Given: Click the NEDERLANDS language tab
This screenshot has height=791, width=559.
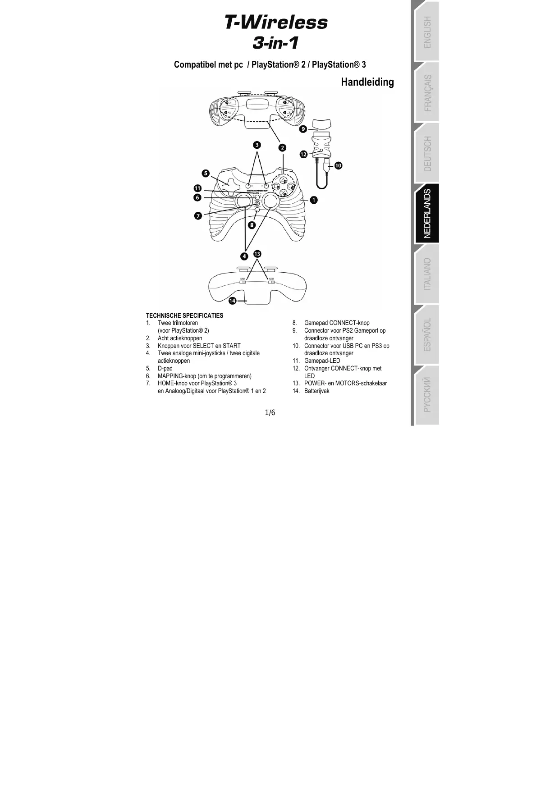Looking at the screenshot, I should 427,214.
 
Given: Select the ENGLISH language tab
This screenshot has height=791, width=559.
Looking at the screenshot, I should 427,32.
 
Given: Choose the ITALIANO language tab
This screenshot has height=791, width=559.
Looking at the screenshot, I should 427,274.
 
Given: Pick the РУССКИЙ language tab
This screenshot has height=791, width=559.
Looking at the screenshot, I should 427,395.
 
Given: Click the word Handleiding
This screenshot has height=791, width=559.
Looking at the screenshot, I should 367,82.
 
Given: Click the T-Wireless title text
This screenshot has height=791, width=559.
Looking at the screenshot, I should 276,23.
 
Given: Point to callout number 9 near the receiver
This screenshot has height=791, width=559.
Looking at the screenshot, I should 303,129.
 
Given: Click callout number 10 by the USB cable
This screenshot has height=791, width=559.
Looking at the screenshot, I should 338,166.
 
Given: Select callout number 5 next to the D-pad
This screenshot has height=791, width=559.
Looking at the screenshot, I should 206,173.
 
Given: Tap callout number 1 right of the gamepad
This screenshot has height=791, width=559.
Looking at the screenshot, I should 313,199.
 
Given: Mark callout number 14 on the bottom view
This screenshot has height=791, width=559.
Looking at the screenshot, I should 232,300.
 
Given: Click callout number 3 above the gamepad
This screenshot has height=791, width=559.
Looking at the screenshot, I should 257,145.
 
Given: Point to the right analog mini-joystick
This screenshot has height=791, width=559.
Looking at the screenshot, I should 271,201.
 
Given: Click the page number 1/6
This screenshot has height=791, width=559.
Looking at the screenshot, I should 270,412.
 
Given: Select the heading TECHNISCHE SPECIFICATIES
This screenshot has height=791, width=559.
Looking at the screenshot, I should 184,315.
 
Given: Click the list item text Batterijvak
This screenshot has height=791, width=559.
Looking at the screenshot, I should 316,391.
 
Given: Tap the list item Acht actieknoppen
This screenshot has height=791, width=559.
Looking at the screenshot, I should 180,338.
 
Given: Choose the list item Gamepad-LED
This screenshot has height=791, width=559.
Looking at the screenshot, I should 322,361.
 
